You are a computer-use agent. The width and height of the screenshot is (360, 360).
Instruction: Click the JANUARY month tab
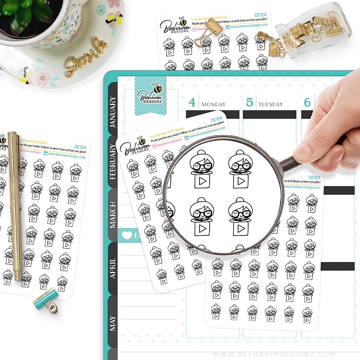113,112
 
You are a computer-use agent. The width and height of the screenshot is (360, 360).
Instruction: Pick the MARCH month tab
113,215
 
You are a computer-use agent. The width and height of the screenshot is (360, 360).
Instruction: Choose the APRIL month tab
113,268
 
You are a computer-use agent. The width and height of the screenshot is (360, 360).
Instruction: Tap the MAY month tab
113,323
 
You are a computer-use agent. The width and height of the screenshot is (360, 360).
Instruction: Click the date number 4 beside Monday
192,103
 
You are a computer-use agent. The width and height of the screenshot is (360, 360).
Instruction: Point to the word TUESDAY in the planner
270,104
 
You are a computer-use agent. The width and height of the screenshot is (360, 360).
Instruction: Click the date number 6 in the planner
307,103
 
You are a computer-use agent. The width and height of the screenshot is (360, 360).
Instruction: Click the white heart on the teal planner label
127,235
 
